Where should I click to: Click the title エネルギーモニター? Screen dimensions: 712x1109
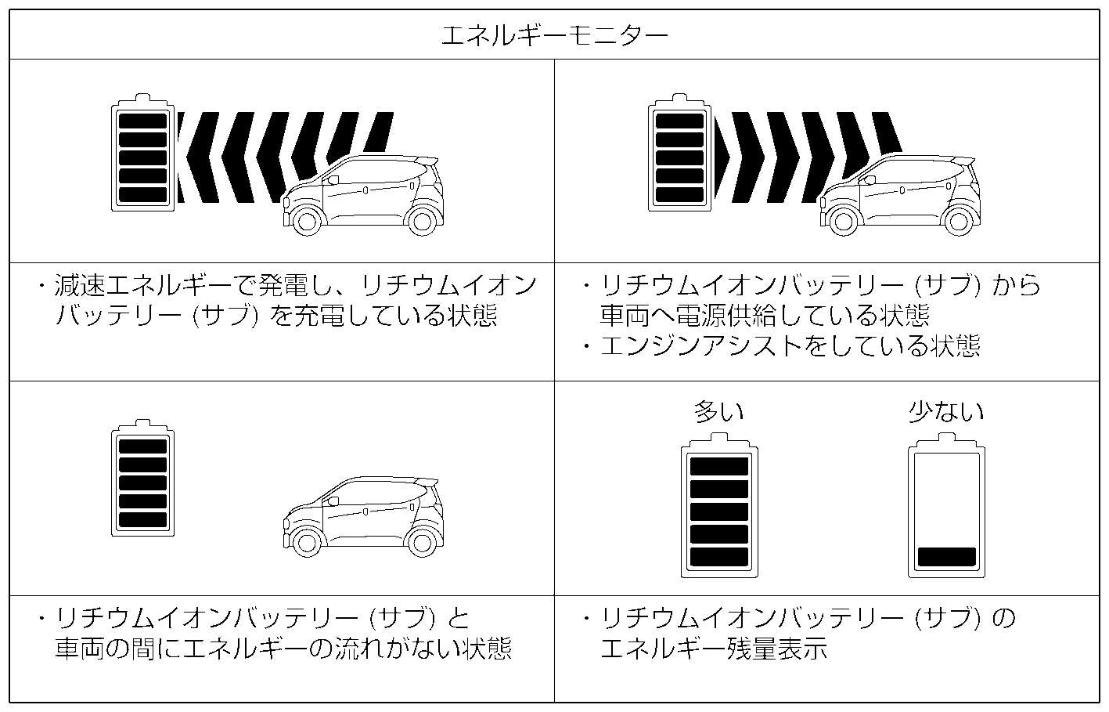coord(554,35)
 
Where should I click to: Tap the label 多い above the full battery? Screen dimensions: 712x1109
coord(718,412)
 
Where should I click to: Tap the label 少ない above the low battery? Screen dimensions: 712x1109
coord(945,412)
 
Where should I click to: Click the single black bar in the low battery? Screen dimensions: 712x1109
coord(946,556)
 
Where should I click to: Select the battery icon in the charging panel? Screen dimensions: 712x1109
coord(142,154)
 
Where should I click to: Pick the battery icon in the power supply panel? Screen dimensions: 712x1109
coord(680,154)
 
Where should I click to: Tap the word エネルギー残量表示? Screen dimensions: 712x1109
coord(713,649)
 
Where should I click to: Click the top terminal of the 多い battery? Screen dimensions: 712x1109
coord(719,441)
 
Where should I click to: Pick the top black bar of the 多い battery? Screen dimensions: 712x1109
coord(719,466)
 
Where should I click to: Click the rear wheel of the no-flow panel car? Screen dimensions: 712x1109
coord(422,544)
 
